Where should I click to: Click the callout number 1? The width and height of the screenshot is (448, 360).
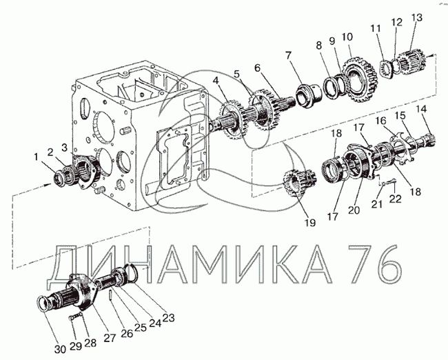point(36,157)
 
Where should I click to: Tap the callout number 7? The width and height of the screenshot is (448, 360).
point(289,55)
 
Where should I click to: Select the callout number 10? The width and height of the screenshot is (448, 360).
point(347,37)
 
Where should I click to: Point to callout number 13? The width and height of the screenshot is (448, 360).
point(417,18)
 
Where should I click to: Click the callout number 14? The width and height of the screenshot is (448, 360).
point(421,109)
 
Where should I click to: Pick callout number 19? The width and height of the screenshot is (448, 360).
point(310,223)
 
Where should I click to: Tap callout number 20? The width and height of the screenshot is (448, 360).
point(354,210)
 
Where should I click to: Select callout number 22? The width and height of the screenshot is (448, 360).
point(396,199)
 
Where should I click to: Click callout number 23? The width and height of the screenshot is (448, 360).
point(168,318)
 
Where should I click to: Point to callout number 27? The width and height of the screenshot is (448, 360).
point(110,338)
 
